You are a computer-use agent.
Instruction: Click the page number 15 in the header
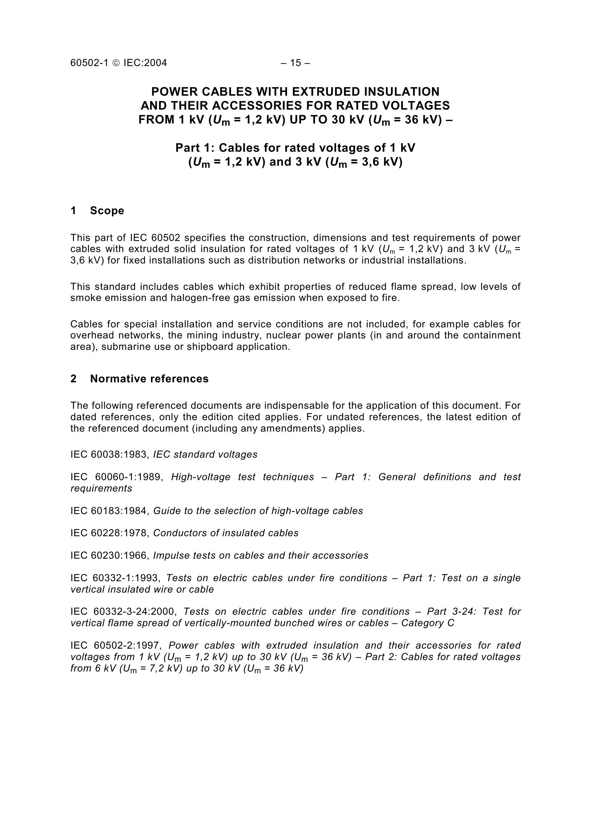(x=295, y=63)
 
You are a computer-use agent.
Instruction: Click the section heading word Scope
(x=107, y=211)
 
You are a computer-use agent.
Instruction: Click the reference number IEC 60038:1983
(x=110, y=454)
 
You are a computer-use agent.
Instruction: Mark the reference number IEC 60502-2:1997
(x=115, y=645)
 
